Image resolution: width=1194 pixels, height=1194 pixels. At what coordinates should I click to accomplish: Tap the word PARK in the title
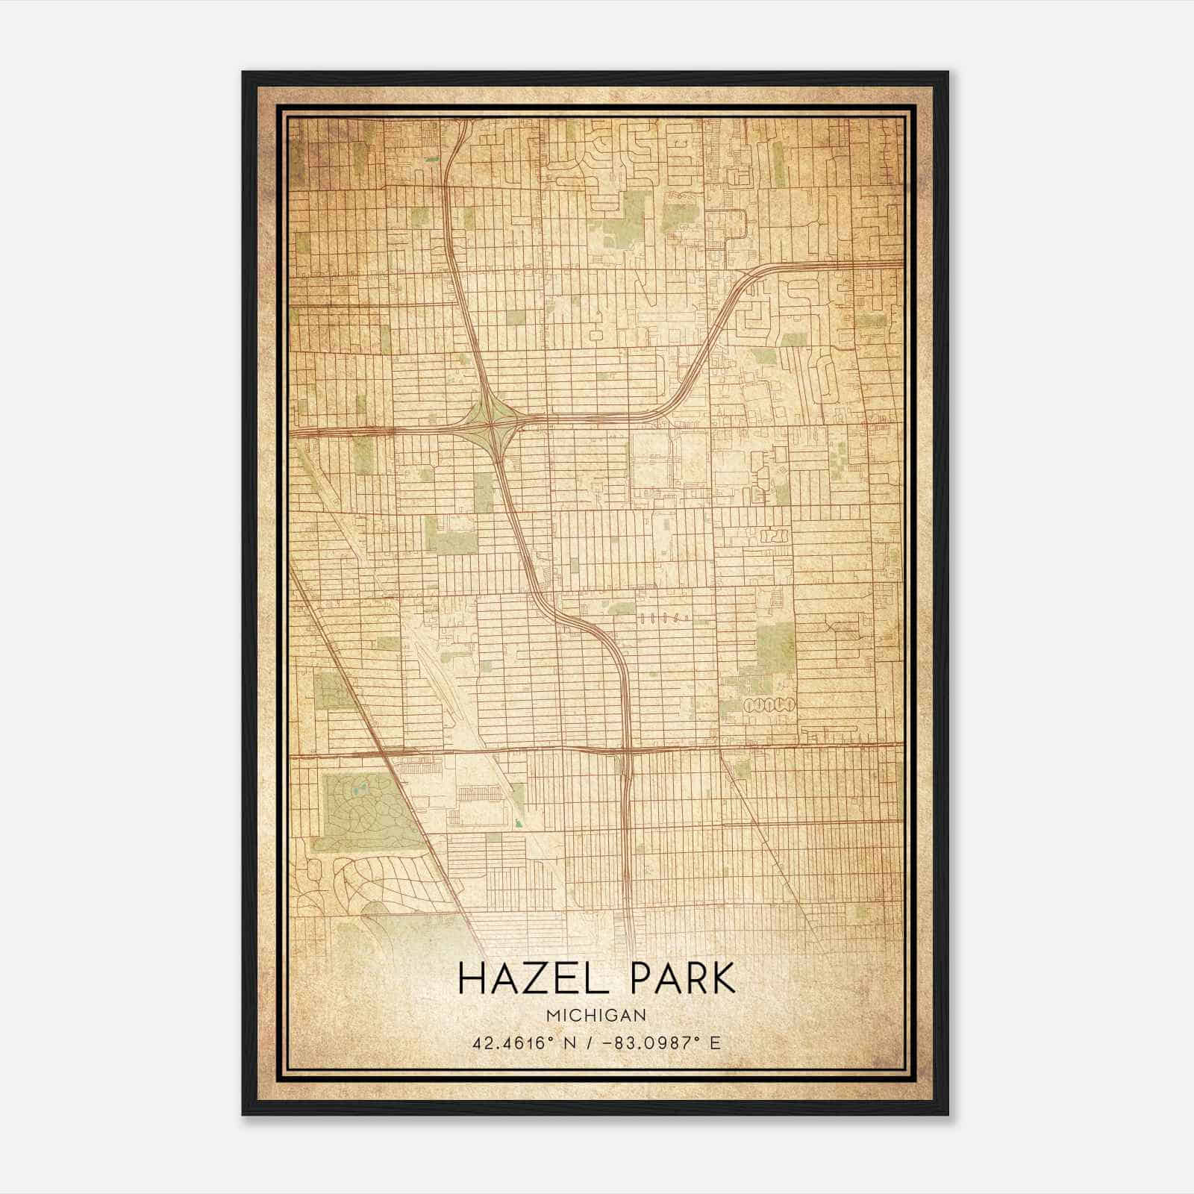pos(682,978)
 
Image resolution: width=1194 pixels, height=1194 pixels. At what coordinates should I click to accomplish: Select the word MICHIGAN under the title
pos(596,1015)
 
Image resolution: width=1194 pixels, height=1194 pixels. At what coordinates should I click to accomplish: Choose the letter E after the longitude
pos(715,1043)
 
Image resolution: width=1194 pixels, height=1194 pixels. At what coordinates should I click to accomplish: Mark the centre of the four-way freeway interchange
pos(492,425)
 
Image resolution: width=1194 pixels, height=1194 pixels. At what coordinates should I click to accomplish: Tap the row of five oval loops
pos(769,704)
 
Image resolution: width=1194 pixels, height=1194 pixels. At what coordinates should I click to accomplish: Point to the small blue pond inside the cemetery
pos(360,787)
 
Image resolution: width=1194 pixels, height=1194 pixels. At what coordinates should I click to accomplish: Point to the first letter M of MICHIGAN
pos(551,1015)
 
